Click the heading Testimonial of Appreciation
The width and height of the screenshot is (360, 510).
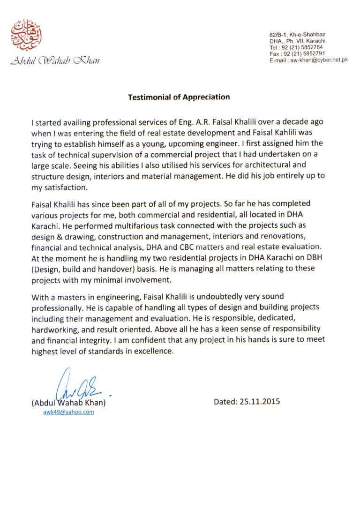tap(179, 97)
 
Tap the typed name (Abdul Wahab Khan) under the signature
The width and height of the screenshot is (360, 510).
tap(68, 403)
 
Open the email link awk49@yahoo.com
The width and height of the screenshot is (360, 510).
tap(68, 412)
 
